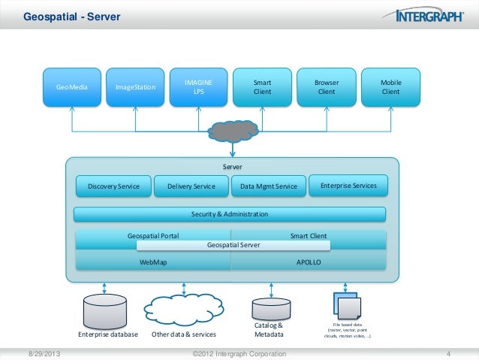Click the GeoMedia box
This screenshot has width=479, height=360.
pos(72,88)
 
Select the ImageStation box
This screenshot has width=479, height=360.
pos(136,88)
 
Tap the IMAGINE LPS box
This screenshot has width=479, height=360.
pos(199,88)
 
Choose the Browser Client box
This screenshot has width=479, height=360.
pos(327,88)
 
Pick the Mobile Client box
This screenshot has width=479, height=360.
pos(390,88)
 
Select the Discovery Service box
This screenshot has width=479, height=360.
pos(113,186)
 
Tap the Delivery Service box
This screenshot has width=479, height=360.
pos(191,186)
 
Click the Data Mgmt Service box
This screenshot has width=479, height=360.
pos(269,186)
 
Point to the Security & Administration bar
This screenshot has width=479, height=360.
pos(229,215)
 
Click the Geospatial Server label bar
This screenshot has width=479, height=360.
pos(233,245)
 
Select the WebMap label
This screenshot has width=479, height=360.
pos(153,263)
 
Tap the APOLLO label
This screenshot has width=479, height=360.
pos(309,263)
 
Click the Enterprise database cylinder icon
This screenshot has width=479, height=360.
pos(104,310)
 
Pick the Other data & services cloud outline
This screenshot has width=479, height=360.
pos(184,309)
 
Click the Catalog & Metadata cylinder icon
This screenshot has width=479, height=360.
pos(269,308)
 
